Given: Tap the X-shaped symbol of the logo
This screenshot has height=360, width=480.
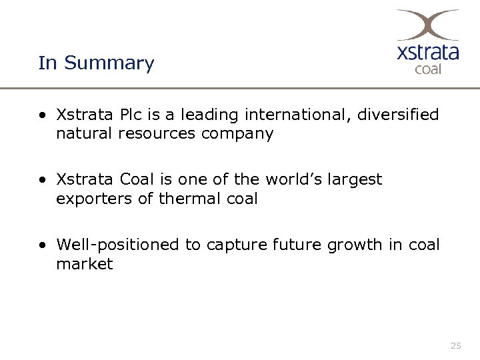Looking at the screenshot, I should click(x=427, y=25).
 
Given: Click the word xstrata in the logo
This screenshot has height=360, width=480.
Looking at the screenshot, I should click(x=427, y=52).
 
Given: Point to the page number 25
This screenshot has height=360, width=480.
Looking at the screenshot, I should click(x=456, y=345).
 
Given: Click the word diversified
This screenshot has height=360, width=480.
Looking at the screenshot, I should click(x=397, y=115).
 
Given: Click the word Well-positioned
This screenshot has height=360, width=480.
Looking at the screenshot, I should click(x=118, y=245).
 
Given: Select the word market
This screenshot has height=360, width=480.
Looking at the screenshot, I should click(x=85, y=263).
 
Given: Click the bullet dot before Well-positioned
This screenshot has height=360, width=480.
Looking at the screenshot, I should click(x=43, y=245).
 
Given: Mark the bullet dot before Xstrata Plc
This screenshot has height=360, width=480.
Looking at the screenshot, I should click(x=43, y=115).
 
